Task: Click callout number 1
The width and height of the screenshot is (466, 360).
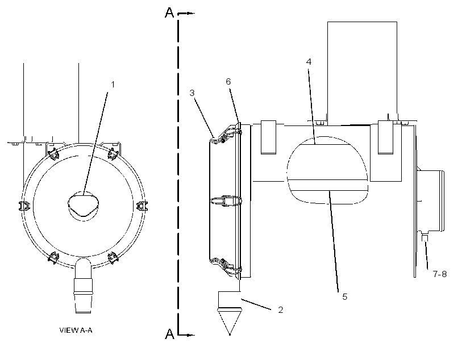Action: point(113,85)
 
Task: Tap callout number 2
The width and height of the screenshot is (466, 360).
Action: point(281,310)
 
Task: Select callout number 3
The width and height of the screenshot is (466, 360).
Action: point(192,93)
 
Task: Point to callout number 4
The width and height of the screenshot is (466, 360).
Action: point(309,61)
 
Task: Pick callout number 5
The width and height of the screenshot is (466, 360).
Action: point(345,297)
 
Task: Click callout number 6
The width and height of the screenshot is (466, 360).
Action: point(228,82)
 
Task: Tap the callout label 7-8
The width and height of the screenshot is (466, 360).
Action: point(439,274)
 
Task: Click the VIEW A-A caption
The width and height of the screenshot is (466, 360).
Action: point(76,330)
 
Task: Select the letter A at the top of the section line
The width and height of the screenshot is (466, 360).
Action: point(169,12)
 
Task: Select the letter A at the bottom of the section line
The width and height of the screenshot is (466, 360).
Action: point(169,334)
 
